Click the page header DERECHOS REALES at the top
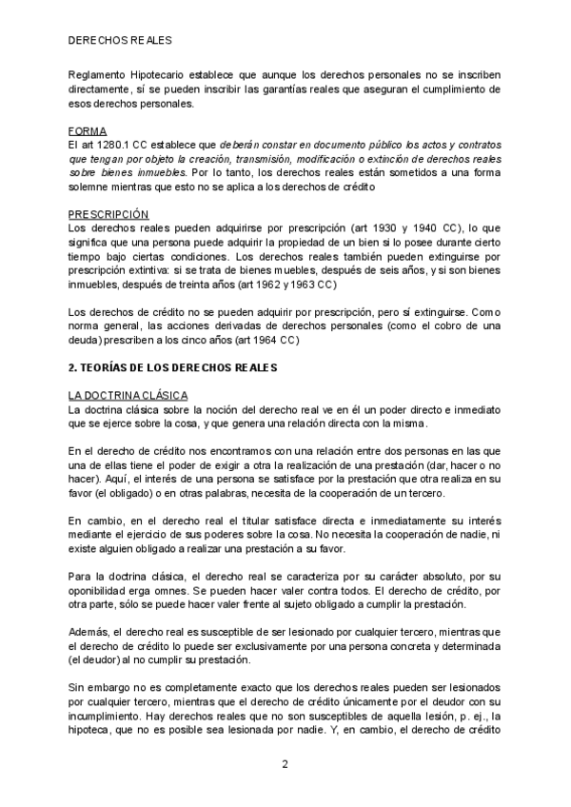tap(119, 42)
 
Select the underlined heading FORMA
tap(88, 129)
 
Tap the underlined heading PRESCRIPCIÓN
tap(109, 214)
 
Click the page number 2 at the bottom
tap(285, 763)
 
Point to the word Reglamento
tap(99, 73)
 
